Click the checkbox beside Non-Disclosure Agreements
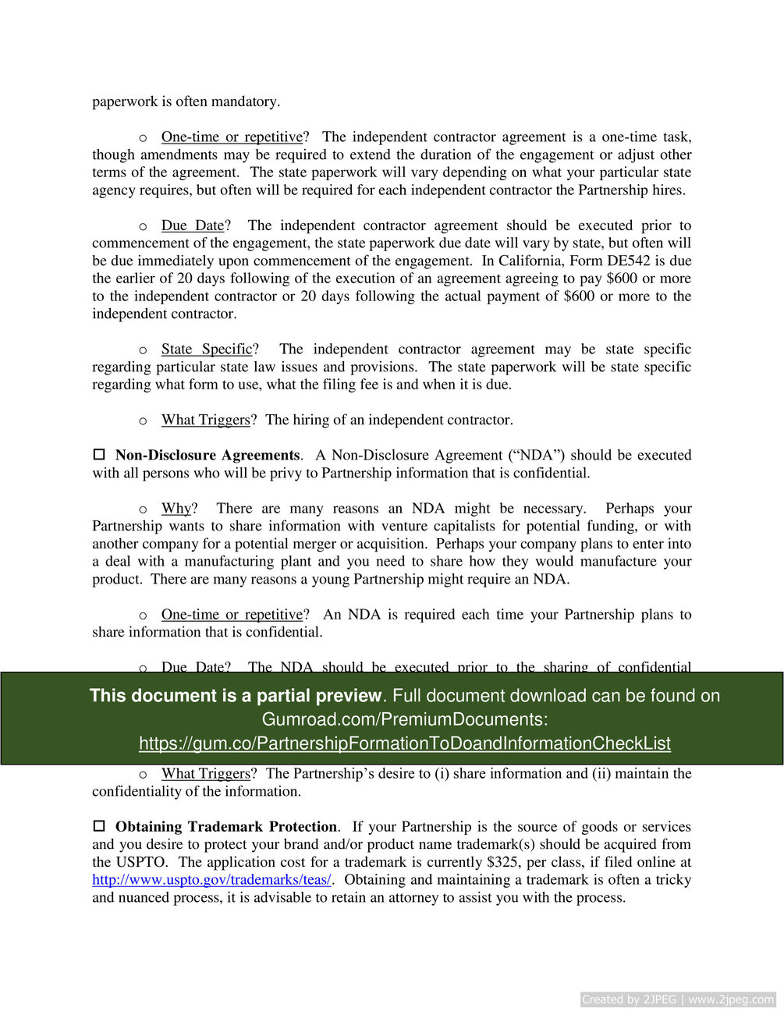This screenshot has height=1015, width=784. (x=99, y=454)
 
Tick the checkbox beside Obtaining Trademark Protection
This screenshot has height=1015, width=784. (x=99, y=825)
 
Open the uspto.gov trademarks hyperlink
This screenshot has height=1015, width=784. (x=211, y=879)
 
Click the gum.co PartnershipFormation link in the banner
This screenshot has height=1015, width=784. (x=404, y=743)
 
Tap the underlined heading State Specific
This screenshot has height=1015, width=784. (x=207, y=349)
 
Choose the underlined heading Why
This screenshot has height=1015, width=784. (x=176, y=508)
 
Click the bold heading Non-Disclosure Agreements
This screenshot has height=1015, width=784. (x=207, y=455)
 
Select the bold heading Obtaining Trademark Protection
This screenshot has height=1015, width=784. (x=226, y=826)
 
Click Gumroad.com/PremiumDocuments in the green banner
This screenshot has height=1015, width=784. (x=404, y=719)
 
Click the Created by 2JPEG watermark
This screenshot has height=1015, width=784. (x=677, y=999)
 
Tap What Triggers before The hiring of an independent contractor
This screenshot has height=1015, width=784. (x=205, y=420)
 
